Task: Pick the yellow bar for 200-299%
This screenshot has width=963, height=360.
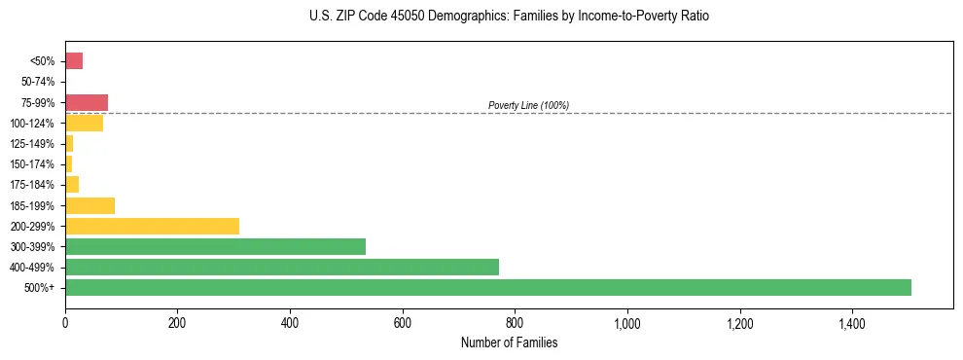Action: tap(152, 226)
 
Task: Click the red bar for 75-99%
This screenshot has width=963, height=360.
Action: tap(87, 102)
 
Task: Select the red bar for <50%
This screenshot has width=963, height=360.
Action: tap(74, 61)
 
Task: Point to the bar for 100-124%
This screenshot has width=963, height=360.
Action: tap(84, 123)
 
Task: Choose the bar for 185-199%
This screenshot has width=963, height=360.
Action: tap(89, 205)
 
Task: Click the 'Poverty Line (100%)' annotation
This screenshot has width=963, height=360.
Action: tap(528, 105)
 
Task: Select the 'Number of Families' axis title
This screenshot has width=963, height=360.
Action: tap(509, 342)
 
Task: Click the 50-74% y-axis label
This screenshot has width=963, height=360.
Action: tap(37, 82)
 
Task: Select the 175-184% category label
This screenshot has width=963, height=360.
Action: tap(32, 185)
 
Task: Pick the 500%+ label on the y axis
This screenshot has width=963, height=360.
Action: tap(41, 288)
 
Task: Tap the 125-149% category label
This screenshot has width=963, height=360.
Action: tap(32, 144)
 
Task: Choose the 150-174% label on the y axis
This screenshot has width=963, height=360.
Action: tap(32, 164)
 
